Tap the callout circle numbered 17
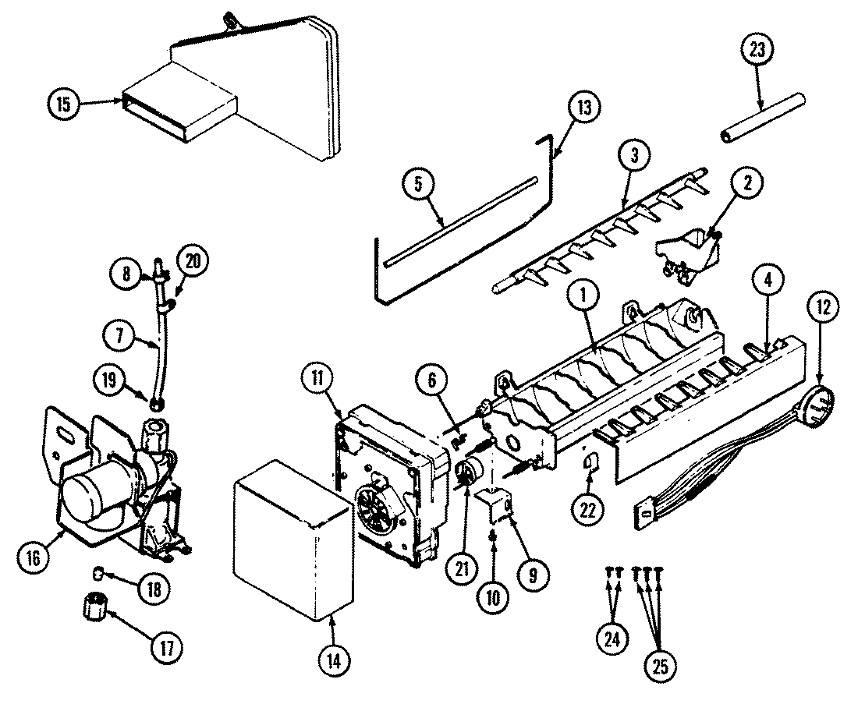coord(166,646)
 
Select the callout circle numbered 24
coord(611,640)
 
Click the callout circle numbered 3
coord(634,155)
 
